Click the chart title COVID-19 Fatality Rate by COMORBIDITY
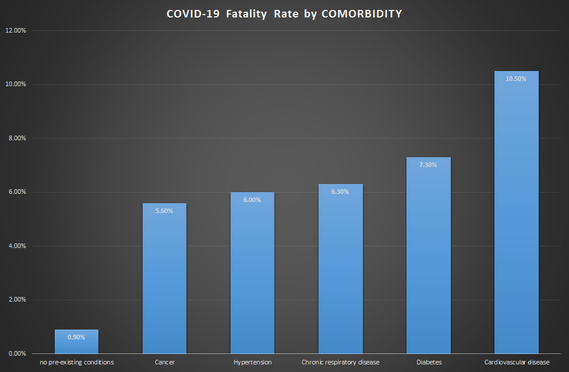click(x=284, y=14)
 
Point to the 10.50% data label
click(x=516, y=79)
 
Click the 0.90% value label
click(x=76, y=337)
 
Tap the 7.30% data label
click(x=428, y=165)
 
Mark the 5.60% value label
click(x=164, y=211)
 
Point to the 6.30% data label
click(x=340, y=192)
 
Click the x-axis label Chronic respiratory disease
click(x=340, y=362)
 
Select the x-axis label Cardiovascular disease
click(x=517, y=362)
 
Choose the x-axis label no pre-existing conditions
click(x=76, y=362)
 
